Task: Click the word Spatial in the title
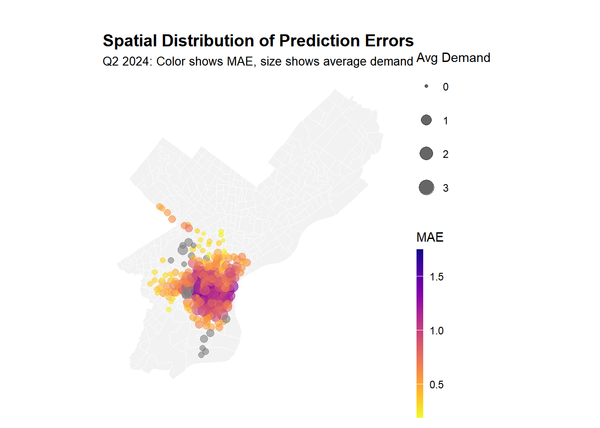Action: [x=129, y=41]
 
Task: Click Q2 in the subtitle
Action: [x=110, y=62]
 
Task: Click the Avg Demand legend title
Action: [x=453, y=58]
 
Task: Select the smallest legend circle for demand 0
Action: [x=426, y=86]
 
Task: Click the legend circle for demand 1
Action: [x=426, y=120]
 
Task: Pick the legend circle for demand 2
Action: [x=426, y=153]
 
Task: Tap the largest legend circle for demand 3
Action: [x=426, y=188]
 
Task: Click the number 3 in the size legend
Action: [x=446, y=188]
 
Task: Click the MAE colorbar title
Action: [x=430, y=237]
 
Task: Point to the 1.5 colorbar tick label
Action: [x=437, y=277]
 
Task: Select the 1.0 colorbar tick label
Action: [x=437, y=331]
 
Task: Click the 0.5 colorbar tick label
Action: [x=437, y=385]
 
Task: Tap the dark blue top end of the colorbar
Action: [x=420, y=252]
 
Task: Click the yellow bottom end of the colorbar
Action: [x=420, y=415]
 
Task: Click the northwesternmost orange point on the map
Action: [x=159, y=206]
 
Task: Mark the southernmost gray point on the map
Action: [x=201, y=355]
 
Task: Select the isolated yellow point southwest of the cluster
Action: [x=169, y=309]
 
